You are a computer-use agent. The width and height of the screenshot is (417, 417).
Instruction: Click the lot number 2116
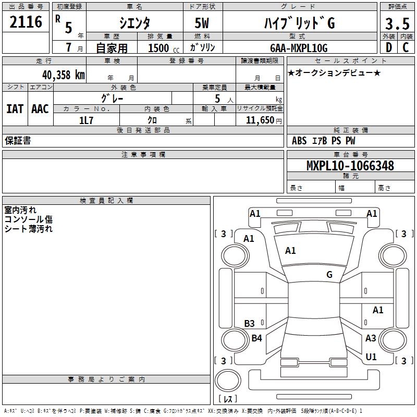[x=26, y=22]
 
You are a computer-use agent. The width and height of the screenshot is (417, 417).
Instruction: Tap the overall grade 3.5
[x=397, y=24]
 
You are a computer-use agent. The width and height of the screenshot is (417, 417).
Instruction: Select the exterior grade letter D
[x=388, y=47]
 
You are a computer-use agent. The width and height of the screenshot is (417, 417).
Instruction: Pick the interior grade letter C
[x=405, y=47]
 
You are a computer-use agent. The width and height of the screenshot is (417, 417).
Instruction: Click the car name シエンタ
[x=135, y=23]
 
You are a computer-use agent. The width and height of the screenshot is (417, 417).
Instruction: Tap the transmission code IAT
[x=15, y=108]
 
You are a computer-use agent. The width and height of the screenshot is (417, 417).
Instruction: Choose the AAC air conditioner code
[x=40, y=108]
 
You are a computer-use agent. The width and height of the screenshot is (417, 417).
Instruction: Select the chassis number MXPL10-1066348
[x=350, y=166]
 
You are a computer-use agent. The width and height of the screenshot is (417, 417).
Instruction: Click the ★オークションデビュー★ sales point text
[x=334, y=72]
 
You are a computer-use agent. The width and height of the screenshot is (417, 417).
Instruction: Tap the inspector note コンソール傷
[x=29, y=219]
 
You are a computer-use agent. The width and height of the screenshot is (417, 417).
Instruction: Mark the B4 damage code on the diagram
[x=256, y=338]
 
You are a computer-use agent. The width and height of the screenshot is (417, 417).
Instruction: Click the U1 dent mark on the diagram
[x=371, y=357]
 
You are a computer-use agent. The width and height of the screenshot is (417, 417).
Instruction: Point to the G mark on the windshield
[x=329, y=275]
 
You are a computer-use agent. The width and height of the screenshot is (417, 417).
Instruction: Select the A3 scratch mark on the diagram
[x=371, y=338]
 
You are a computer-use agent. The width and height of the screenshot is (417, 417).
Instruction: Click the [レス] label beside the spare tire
[x=230, y=399]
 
